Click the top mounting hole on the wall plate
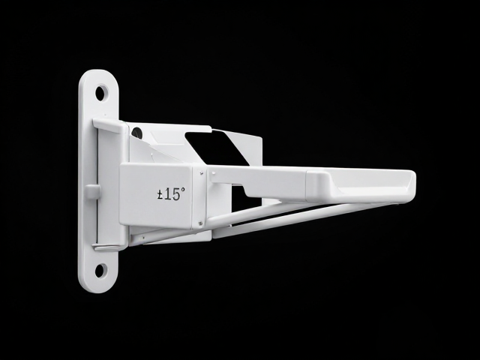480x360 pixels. pyautogui.click(x=100, y=93)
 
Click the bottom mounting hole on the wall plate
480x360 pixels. pyautogui.click(x=100, y=271)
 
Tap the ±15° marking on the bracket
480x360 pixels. pyautogui.click(x=171, y=194)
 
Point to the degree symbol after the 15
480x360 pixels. pyautogui.click(x=182, y=190)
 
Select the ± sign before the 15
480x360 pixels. pyautogui.click(x=160, y=195)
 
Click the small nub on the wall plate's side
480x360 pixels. pyautogui.click(x=92, y=192)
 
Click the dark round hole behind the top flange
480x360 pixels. pyautogui.click(x=136, y=133)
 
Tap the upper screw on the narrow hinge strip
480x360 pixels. pyautogui.click(x=202, y=173)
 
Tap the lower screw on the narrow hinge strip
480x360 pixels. pyautogui.click(x=200, y=223)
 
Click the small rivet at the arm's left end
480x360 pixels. pyautogui.click(x=213, y=173)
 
